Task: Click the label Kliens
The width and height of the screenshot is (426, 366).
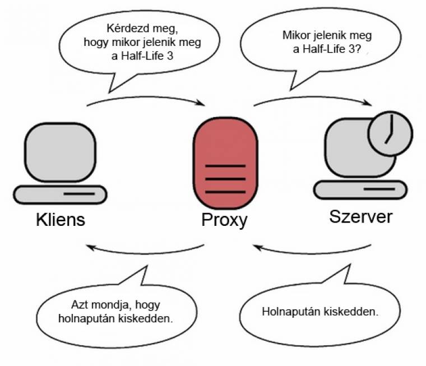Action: tap(61, 219)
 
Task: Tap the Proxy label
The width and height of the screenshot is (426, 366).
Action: tap(224, 220)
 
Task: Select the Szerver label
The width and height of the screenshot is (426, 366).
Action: tap(361, 216)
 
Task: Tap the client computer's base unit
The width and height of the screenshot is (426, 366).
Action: tap(60, 194)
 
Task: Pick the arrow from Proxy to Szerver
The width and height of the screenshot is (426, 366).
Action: tap(314, 97)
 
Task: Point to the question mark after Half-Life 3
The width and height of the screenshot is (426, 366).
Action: tap(362, 50)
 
